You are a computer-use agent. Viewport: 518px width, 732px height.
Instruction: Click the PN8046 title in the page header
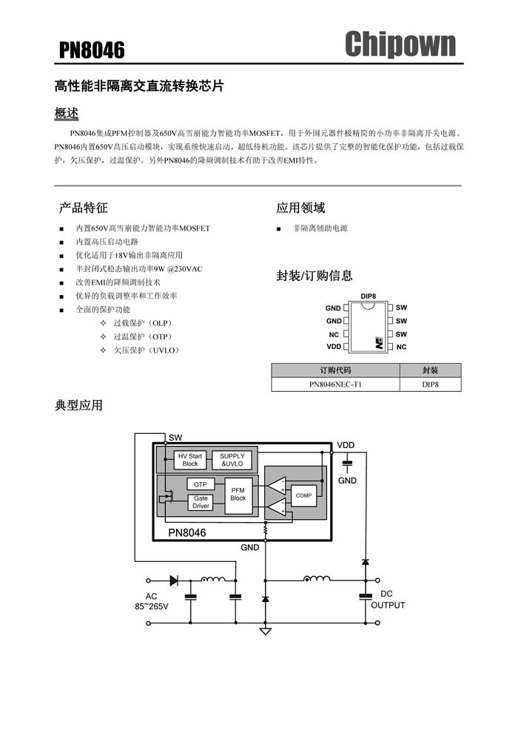click(x=92, y=50)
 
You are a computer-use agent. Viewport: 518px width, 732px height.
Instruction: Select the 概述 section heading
click(x=67, y=113)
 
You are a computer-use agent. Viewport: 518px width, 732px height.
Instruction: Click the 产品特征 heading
click(x=83, y=208)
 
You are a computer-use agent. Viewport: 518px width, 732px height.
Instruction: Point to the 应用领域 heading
click(x=300, y=208)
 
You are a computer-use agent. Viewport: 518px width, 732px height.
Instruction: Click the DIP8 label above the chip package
click(x=368, y=296)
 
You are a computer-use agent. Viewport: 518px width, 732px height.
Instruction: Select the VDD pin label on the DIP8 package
click(x=334, y=346)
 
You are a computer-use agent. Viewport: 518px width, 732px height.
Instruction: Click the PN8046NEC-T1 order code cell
click(x=335, y=384)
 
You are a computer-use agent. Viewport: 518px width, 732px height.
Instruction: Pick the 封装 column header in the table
click(x=430, y=370)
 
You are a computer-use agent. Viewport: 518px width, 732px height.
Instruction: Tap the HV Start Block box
click(x=190, y=460)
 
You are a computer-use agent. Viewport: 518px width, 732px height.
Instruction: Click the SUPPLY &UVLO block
click(x=232, y=460)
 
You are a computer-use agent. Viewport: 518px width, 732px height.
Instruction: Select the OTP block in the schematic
click(x=201, y=484)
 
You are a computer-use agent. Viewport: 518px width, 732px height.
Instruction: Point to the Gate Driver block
click(x=201, y=502)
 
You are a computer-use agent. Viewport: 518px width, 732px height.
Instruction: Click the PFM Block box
click(x=238, y=495)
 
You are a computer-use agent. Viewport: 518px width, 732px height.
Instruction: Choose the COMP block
click(x=303, y=495)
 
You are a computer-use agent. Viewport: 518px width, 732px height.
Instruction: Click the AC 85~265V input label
click(x=152, y=601)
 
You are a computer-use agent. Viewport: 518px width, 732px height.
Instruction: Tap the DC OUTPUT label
click(x=388, y=600)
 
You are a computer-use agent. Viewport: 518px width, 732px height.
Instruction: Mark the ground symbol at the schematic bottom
click(x=266, y=631)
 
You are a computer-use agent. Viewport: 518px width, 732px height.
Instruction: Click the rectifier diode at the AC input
click(x=174, y=580)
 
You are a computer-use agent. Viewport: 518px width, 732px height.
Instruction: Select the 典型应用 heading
click(x=78, y=405)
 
